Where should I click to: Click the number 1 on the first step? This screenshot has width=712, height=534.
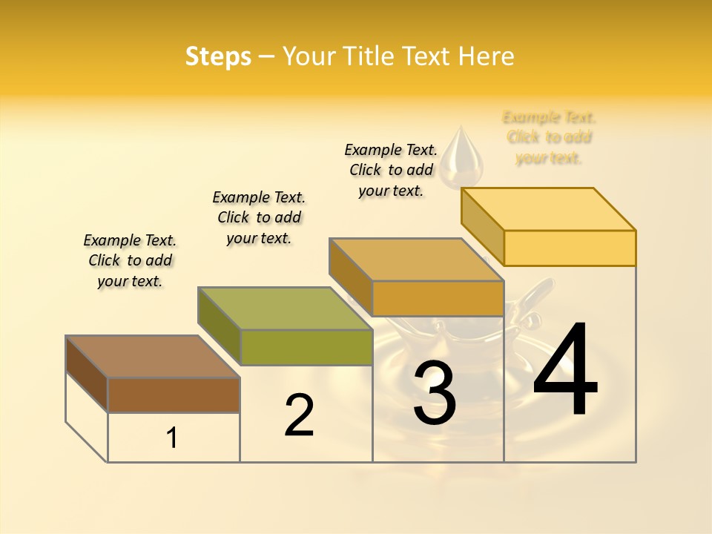[x=171, y=438]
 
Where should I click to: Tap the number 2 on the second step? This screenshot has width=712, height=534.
[x=299, y=415]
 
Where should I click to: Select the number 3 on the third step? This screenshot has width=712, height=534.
[x=434, y=394]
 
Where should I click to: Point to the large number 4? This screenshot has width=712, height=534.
[x=565, y=370]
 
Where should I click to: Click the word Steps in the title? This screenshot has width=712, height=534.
[x=218, y=56]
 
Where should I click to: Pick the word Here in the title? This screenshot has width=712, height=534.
[x=486, y=56]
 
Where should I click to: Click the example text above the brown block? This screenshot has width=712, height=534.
[x=130, y=260]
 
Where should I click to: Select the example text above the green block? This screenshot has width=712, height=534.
[x=259, y=217]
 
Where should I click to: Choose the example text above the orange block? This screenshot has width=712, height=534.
[x=391, y=170]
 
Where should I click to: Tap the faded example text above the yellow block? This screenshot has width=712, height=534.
[x=549, y=137]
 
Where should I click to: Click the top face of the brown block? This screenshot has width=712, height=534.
[x=153, y=357]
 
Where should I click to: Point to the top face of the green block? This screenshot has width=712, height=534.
[x=285, y=309]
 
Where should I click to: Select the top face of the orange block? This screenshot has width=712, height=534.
[x=416, y=260]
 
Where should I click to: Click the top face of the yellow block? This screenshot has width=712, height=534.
[x=548, y=209]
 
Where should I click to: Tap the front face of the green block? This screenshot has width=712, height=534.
[x=306, y=347]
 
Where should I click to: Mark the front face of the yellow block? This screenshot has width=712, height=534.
[x=570, y=248]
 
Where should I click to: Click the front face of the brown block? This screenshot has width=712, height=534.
[x=174, y=395]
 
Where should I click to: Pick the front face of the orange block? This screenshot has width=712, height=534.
[x=438, y=298]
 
